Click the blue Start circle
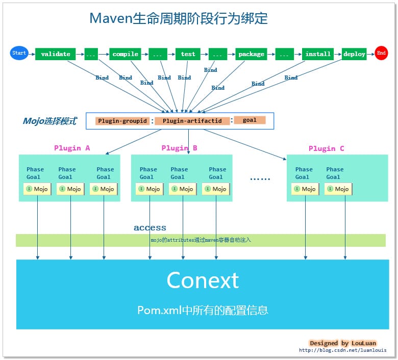19,53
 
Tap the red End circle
381,53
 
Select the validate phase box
56,54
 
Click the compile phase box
126,54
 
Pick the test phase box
188,54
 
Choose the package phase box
252,54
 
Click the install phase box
318,54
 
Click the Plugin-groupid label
122,121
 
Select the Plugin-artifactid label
192,121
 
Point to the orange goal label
250,120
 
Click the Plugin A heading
72,148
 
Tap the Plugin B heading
179,148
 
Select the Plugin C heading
326,148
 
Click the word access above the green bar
150,228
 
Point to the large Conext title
203,280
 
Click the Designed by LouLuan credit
343,343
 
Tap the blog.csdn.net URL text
342,350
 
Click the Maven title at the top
179,18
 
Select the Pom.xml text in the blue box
203,310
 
